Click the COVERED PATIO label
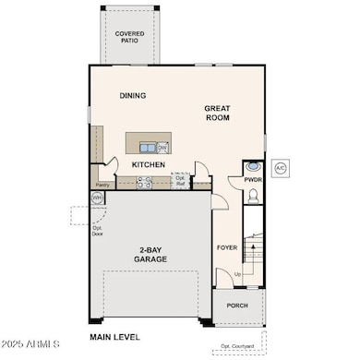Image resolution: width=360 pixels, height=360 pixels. tap(129, 37)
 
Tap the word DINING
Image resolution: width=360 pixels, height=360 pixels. tap(133, 95)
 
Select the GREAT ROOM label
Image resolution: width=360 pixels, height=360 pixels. tap(218, 114)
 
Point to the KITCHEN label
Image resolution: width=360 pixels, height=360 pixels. tap(148, 164)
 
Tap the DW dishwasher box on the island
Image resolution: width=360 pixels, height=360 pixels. tap(162, 147)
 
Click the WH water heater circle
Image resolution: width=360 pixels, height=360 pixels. tap(97, 198)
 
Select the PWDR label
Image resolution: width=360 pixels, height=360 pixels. tap(254, 180)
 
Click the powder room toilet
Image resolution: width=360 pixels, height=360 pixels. tap(254, 196)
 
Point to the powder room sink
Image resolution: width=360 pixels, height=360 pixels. tap(254, 167)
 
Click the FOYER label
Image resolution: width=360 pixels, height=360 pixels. tap(227, 246)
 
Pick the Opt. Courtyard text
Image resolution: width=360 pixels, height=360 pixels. tap(239, 347)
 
